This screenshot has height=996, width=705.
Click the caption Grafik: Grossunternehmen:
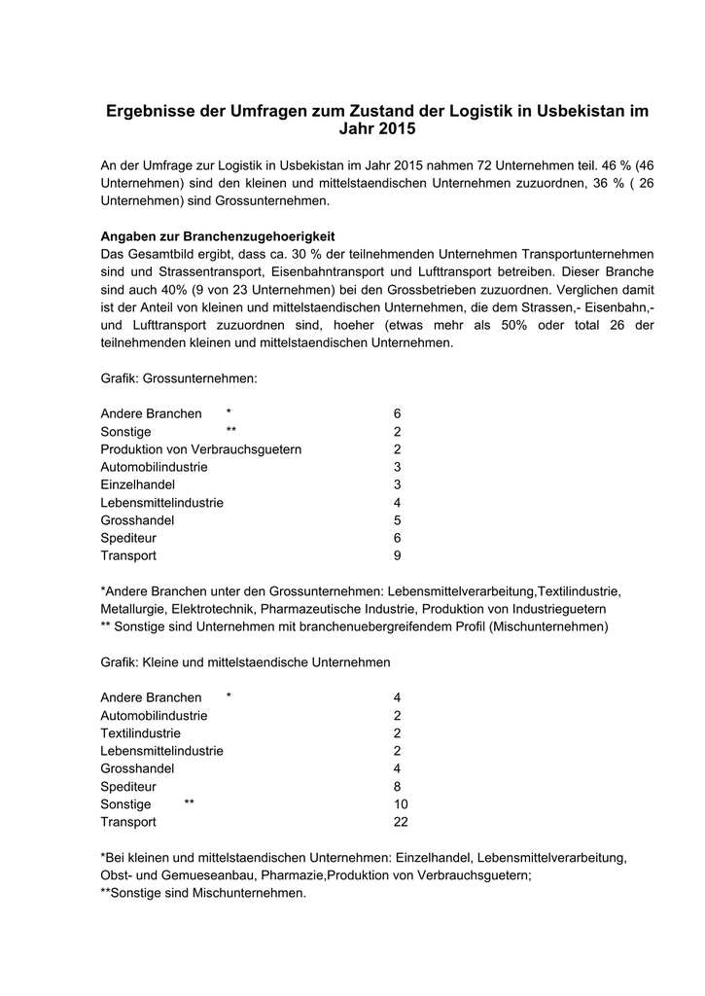coord(178,377)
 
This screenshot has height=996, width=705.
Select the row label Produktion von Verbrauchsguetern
coord(201,449)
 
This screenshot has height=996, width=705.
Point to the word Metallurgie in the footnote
coord(135,609)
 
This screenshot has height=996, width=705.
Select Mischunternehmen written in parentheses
coord(550,626)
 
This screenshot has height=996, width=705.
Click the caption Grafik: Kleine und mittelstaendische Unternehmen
coord(246,662)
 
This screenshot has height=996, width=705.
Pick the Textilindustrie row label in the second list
coord(141,733)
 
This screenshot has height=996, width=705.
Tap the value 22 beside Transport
coord(401,822)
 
